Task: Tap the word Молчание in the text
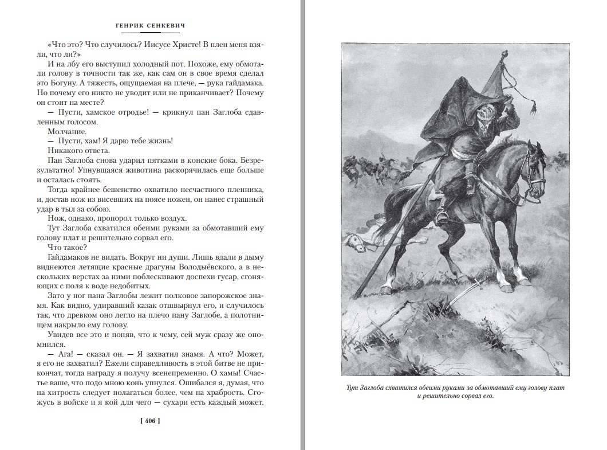66,131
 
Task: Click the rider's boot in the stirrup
442,216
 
